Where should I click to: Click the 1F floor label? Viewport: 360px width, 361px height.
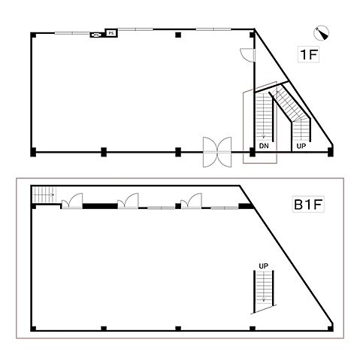(x=308, y=54)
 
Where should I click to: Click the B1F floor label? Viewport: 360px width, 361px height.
(x=308, y=205)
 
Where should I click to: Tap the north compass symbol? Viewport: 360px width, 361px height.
(x=322, y=33)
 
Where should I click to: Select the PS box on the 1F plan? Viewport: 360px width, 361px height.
(x=111, y=33)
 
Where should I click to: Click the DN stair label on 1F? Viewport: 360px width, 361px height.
(x=264, y=146)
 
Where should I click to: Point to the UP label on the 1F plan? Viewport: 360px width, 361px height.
(x=301, y=146)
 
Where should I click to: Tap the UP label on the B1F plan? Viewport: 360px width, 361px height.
(x=263, y=265)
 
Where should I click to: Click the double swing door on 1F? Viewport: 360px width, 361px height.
(x=217, y=152)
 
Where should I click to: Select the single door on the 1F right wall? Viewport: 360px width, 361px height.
(x=247, y=55)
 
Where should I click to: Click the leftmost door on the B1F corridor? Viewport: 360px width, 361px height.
(x=72, y=201)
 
